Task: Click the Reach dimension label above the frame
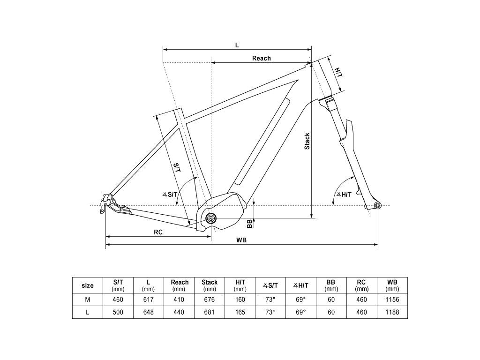click(x=262, y=58)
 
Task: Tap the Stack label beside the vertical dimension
click(x=307, y=141)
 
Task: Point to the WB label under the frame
click(x=241, y=240)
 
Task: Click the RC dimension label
click(x=158, y=232)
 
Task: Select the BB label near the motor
click(x=249, y=224)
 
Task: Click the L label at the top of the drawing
click(x=237, y=45)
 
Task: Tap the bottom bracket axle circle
click(x=211, y=218)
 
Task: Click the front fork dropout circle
click(x=378, y=205)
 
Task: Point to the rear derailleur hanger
click(x=105, y=202)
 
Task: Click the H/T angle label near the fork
click(x=344, y=195)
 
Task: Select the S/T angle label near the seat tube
click(x=170, y=194)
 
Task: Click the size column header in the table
click(x=88, y=285)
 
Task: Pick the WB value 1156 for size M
click(x=392, y=300)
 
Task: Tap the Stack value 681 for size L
click(x=210, y=312)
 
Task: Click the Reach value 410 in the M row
click(x=179, y=300)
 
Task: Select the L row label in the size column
click(x=88, y=312)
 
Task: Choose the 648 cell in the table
click(x=149, y=312)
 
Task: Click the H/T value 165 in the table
click(x=240, y=312)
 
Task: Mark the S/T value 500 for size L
click(x=118, y=312)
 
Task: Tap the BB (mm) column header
click(x=331, y=285)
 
